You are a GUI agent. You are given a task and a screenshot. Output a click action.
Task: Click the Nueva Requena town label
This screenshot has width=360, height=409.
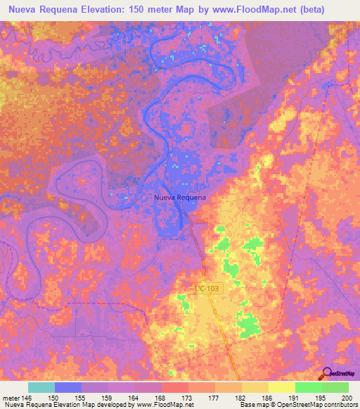180,197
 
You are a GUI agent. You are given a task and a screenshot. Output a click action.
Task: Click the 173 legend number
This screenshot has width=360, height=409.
188,398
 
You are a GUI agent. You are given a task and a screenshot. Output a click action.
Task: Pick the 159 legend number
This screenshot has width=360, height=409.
108,398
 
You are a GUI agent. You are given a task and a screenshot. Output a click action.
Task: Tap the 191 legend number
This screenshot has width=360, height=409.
295,398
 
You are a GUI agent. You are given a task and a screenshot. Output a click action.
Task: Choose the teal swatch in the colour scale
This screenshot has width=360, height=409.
41,387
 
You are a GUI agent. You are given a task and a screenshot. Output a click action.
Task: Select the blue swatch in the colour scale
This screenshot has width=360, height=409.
68,387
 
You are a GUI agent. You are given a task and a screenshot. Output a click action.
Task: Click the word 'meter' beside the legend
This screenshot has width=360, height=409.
11,398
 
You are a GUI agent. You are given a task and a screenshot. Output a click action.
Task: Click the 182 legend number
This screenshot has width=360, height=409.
241,398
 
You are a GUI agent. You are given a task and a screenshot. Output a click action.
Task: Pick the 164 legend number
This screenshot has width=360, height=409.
135,398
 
